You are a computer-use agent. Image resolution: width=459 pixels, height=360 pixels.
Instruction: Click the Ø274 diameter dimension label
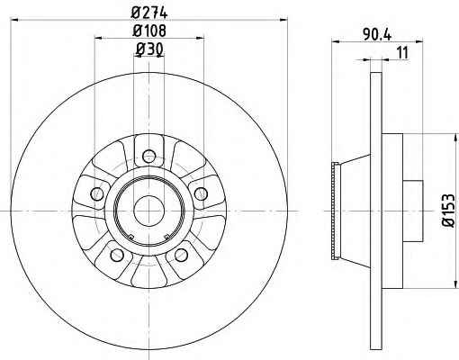click(149, 13)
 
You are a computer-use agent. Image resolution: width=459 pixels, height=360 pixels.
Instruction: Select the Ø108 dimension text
click(149, 31)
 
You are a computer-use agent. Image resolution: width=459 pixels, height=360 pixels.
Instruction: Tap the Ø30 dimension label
click(149, 49)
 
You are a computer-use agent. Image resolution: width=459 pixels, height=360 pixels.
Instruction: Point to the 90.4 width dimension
click(377, 34)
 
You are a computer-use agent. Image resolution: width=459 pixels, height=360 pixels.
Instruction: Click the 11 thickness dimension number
click(402, 53)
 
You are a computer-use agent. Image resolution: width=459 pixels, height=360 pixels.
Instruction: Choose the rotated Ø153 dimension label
click(448, 210)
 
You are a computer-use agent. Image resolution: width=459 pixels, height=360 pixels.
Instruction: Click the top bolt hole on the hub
click(149, 156)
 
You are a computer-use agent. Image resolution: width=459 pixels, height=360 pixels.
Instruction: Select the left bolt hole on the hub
click(97, 193)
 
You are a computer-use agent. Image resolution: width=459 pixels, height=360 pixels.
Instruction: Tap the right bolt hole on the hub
click(201, 193)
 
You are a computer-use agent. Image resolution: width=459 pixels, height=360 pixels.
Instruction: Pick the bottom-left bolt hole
click(117, 255)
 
